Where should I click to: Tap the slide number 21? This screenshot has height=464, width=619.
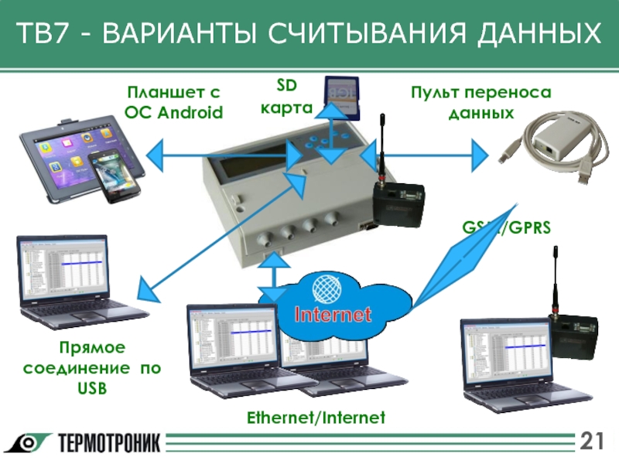(x=592, y=442)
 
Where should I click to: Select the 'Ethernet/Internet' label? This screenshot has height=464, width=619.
(x=316, y=418)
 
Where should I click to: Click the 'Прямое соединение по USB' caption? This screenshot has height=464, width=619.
(x=92, y=367)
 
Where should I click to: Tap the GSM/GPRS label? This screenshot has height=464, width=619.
(x=506, y=228)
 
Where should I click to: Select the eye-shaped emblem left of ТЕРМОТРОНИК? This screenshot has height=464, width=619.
(x=30, y=443)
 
